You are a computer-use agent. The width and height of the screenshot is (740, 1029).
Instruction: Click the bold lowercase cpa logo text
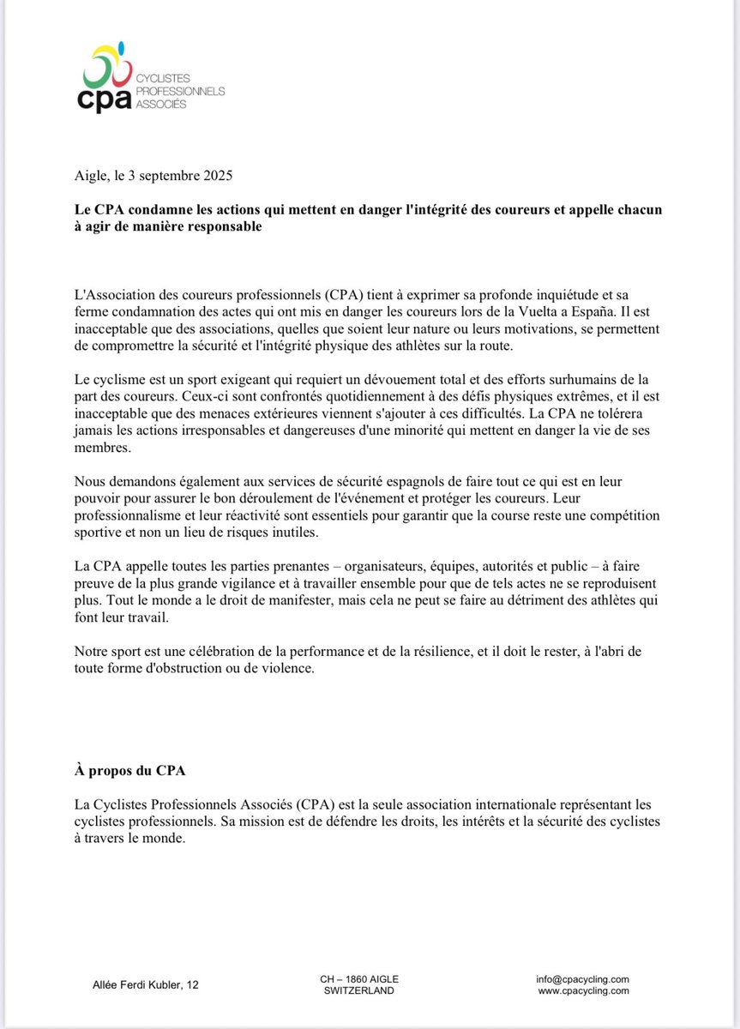104,98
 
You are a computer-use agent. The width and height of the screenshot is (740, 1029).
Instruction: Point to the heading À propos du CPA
129,770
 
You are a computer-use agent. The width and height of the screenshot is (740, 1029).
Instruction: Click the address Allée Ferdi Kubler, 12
145,986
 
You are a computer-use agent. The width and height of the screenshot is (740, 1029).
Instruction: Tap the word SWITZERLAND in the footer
359,990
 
